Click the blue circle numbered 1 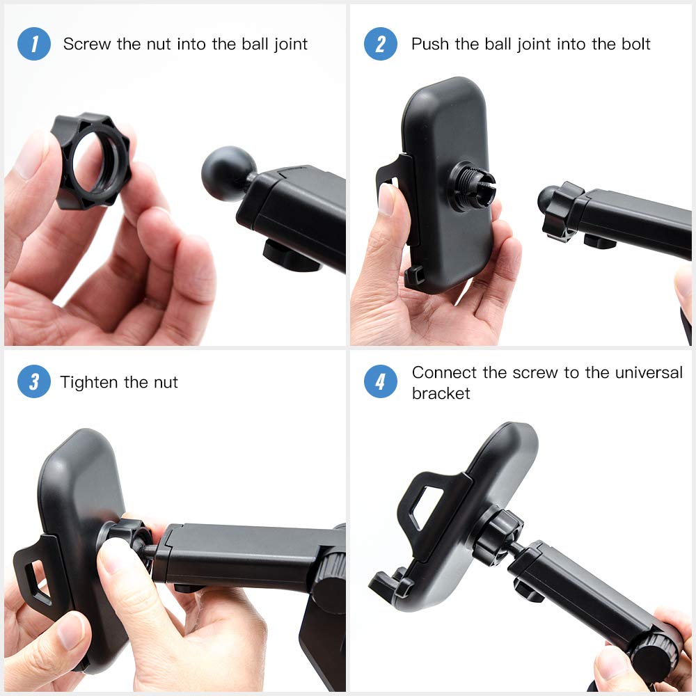(34, 44)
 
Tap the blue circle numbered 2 (381, 44)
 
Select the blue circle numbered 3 (34, 382)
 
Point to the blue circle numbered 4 (381, 382)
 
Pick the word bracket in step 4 (441, 393)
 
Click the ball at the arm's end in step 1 (227, 173)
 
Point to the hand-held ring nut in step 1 (90, 160)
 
